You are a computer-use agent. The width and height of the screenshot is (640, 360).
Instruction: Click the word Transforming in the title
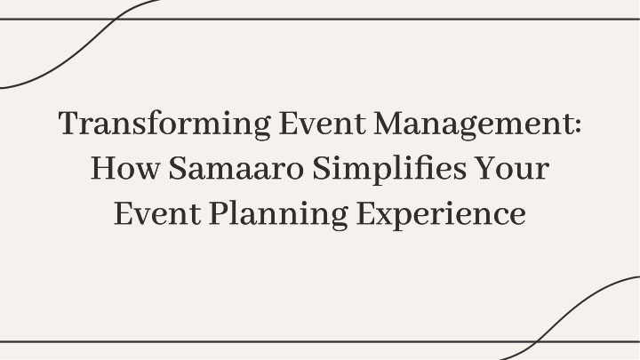pos(164,124)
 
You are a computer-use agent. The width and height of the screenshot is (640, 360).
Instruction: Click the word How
pos(125,168)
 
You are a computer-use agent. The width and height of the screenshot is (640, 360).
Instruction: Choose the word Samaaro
pos(236,168)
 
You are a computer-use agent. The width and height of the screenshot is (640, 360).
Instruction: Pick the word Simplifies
pos(389,168)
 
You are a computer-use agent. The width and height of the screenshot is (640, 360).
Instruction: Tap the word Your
pos(512,168)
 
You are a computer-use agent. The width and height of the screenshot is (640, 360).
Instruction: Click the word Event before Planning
pos(157,213)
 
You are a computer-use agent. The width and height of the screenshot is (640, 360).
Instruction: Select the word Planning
pos(278,213)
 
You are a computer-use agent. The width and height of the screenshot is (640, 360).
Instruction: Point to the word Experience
pos(441,213)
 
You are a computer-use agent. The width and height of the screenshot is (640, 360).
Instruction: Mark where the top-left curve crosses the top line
pos(116,19)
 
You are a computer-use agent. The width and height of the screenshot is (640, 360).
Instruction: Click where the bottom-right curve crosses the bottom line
pos(535,341)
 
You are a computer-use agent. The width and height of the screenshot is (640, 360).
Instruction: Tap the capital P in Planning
pos(220,213)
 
